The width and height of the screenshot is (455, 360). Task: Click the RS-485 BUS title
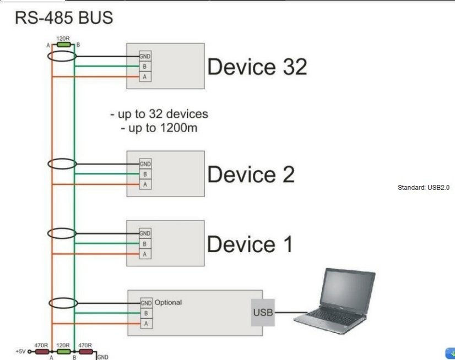[63, 18]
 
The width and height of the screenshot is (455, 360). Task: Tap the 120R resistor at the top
[63, 44]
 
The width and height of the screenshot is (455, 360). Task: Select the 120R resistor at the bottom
[63, 351]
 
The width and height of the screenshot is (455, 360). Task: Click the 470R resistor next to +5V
[41, 351]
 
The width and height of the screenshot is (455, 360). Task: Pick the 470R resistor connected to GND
[85, 351]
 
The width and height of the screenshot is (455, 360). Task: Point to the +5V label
[20, 351]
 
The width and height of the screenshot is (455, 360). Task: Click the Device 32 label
[257, 67]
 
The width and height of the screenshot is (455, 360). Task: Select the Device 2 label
[251, 174]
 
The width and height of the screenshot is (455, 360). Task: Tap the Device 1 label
[250, 244]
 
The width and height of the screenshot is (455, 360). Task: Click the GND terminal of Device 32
[145, 56]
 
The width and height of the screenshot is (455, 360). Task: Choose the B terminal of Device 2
[145, 174]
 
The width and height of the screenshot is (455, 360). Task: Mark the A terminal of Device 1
[145, 254]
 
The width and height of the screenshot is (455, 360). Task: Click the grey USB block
[263, 313]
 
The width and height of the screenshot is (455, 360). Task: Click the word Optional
[168, 302]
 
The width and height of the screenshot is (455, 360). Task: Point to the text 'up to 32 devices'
[159, 114]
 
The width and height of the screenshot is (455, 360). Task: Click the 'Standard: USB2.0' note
[423, 188]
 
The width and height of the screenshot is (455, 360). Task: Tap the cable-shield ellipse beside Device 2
[62, 163]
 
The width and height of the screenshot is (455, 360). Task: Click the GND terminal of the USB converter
[146, 303]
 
